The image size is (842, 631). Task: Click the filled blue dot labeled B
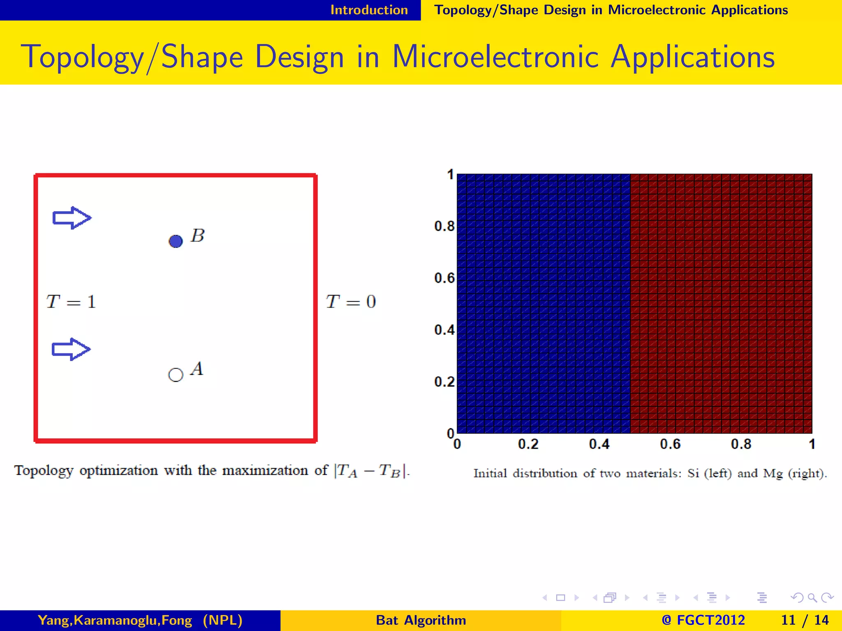click(176, 241)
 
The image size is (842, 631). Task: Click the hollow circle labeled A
click(176, 375)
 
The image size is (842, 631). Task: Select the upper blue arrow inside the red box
click(72, 218)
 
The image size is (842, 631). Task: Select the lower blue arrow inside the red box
click(71, 349)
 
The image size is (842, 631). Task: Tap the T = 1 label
click(71, 302)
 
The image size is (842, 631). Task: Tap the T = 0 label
click(351, 302)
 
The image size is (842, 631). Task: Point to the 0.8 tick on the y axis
click(444, 226)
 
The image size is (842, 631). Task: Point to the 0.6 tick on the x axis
click(670, 444)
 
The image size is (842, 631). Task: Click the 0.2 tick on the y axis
click(444, 382)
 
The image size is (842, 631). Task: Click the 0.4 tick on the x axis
click(599, 444)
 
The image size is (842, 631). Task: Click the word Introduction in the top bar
click(369, 10)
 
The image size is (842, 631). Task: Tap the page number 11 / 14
click(805, 620)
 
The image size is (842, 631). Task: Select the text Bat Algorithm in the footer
click(421, 620)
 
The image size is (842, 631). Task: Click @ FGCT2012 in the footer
click(703, 620)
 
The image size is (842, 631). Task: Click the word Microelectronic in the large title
click(495, 57)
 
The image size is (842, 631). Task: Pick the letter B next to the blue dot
click(198, 236)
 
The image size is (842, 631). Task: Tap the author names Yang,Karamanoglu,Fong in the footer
click(115, 620)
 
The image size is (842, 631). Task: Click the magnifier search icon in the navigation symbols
click(812, 598)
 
